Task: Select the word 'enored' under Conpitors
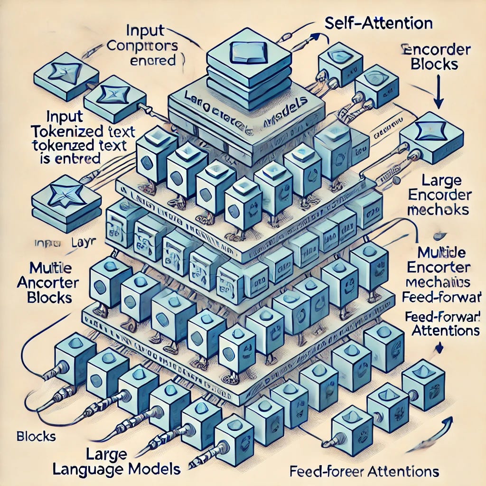point(152,61)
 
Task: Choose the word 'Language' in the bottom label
point(93,469)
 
